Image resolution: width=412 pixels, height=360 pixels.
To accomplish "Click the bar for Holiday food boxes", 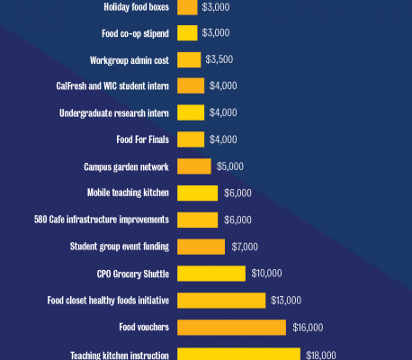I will click(x=187, y=7).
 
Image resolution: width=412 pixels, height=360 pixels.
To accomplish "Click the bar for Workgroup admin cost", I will click(x=189, y=60).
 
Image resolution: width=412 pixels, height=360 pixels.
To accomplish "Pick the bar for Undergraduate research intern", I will click(x=191, y=112).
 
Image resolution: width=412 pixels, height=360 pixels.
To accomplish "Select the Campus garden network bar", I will click(x=194, y=166).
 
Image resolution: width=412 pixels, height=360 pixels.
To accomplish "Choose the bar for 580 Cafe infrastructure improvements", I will click(x=198, y=220).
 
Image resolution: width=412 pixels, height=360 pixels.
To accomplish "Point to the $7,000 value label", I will click(x=245, y=247).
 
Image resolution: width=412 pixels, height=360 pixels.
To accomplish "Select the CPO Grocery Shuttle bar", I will click(x=211, y=273).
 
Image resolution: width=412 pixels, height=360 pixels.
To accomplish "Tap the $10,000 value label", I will click(x=266, y=273).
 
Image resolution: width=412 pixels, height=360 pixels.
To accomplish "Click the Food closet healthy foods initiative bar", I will click(x=221, y=300).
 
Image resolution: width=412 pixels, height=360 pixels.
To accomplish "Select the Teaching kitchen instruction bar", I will click(x=238, y=354).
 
